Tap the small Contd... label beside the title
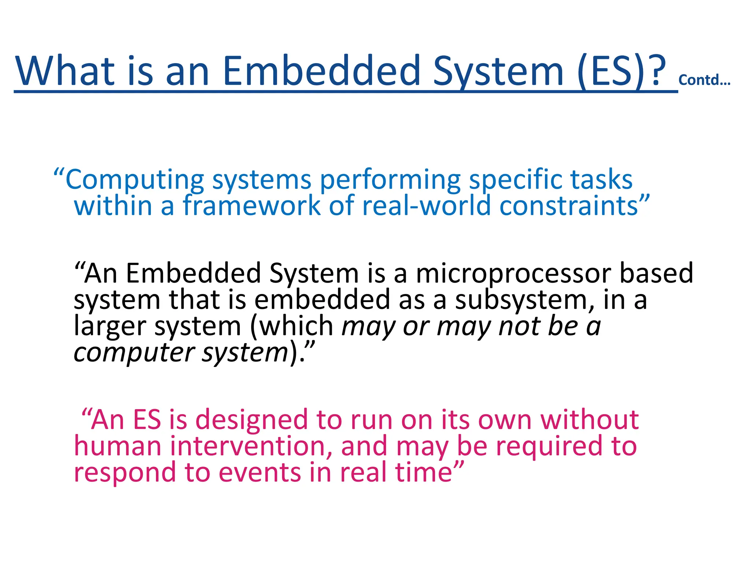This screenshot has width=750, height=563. [704, 80]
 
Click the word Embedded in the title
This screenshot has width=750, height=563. [321, 70]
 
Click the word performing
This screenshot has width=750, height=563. [390, 180]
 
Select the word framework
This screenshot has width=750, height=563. [252, 205]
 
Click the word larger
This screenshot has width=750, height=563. [110, 326]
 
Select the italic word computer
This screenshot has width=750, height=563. [134, 353]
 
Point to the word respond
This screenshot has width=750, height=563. [125, 472]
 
